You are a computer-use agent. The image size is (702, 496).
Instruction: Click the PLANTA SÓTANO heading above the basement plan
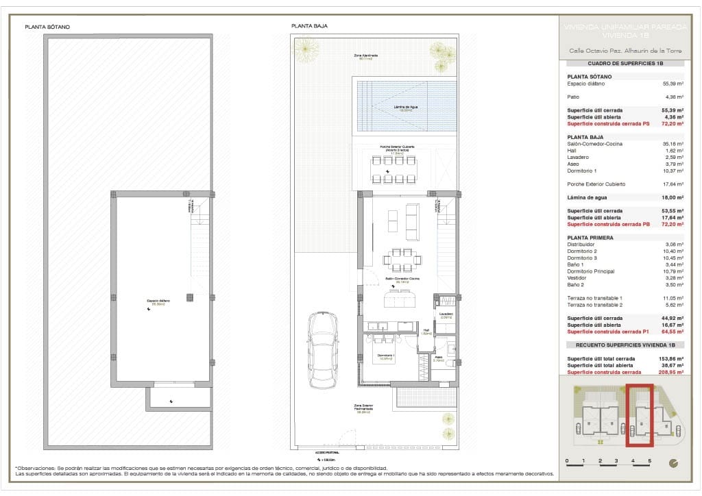[47, 27]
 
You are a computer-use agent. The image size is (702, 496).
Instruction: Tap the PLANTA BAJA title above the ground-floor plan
[309, 26]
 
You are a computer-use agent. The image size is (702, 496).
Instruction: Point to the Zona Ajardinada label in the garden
[367, 56]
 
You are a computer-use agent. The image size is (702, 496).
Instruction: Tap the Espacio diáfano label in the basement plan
[158, 301]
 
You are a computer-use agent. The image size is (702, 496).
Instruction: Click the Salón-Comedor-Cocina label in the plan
[400, 280]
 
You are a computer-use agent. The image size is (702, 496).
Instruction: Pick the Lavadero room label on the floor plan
[446, 314]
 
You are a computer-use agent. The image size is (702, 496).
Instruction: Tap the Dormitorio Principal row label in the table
[592, 271]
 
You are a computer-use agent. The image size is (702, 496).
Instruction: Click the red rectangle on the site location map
[640, 414]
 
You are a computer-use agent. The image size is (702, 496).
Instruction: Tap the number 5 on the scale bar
[649, 461]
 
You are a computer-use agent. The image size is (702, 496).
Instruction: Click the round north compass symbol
[674, 462]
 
